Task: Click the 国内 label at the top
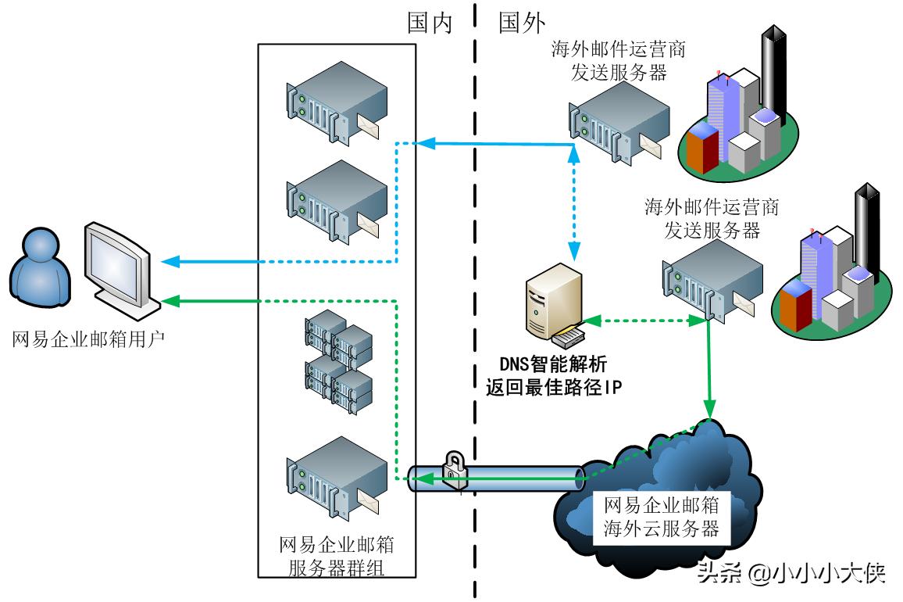(x=430, y=23)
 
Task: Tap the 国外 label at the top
(x=522, y=23)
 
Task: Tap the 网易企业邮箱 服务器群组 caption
(x=337, y=556)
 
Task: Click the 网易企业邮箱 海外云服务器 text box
(x=662, y=515)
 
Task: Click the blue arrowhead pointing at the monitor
(x=168, y=262)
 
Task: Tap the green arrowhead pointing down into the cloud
(x=709, y=410)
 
